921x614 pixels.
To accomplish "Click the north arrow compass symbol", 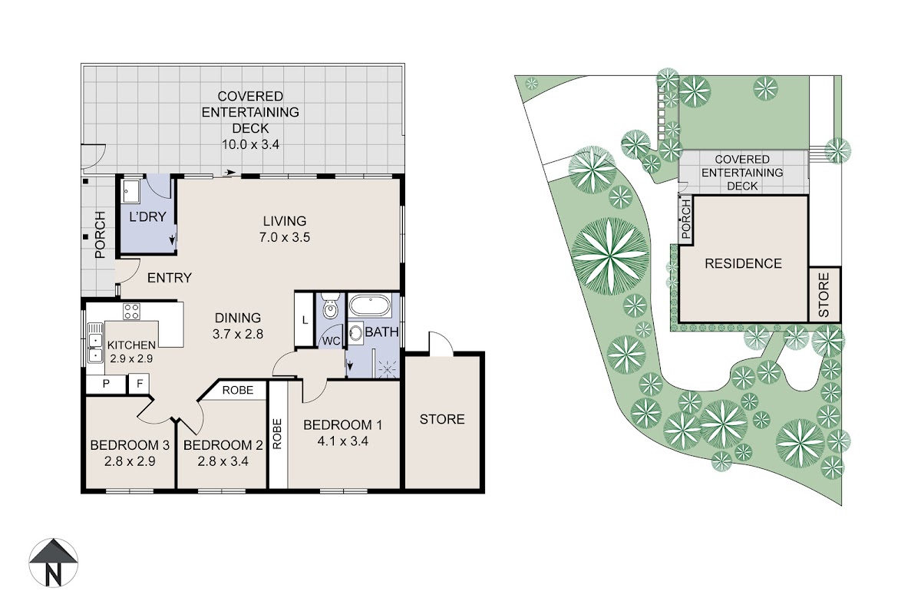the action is [x=53, y=563].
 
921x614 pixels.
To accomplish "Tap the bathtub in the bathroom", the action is [x=370, y=305].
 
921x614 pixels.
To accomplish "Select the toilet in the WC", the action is [x=330, y=305].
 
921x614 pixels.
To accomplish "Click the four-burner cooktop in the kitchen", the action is [x=131, y=312].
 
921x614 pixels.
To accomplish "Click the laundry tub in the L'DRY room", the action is [x=130, y=191].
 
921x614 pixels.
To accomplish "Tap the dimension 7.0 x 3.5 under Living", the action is [x=285, y=237].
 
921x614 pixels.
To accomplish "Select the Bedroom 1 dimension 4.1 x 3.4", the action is [x=342, y=441].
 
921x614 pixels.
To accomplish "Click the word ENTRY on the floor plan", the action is [x=170, y=278].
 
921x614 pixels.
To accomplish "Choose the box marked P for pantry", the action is [x=106, y=384].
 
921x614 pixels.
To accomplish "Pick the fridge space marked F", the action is [x=140, y=384].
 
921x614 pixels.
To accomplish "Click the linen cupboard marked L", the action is [x=305, y=319].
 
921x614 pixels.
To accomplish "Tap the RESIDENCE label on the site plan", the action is [x=744, y=263].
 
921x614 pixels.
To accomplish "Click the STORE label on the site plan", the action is [x=824, y=295].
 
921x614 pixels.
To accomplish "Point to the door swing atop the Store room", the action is [x=441, y=343].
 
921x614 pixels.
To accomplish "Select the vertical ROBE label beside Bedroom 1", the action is [x=277, y=434].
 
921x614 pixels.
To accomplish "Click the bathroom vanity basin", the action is [x=355, y=332].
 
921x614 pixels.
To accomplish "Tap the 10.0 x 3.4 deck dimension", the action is [x=250, y=145].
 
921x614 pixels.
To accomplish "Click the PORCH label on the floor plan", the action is [x=100, y=235].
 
